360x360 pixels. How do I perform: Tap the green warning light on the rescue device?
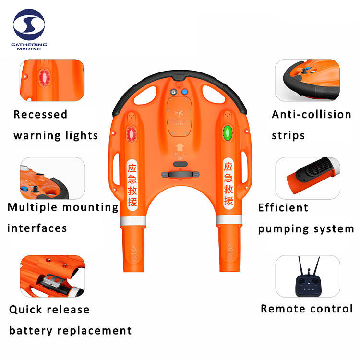coord(228,132)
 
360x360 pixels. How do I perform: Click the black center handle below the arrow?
coord(180,174)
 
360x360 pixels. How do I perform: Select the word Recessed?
coord(40,115)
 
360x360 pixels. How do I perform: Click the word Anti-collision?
coord(312,115)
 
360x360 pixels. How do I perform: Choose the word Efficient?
coord(283,208)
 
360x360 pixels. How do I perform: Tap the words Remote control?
coord(307,309)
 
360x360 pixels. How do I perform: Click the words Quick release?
coord(49,310)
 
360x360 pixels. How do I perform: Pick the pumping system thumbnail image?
coord(307,178)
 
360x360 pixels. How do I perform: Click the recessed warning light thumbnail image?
coord(52,80)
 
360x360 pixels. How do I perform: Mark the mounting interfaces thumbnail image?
coord(52,179)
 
